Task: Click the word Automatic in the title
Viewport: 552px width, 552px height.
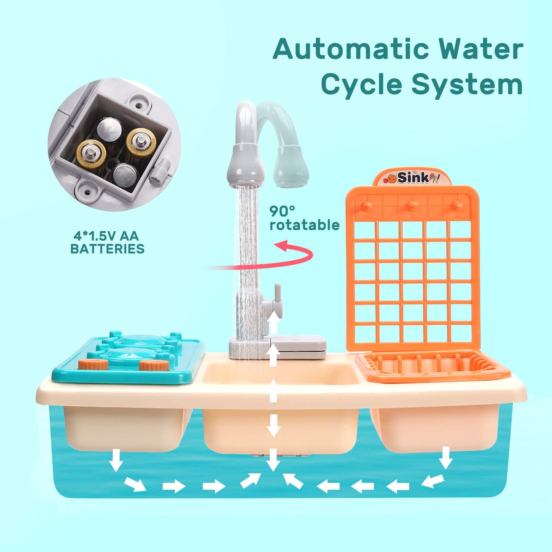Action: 351,49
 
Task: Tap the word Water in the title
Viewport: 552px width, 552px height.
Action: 481,49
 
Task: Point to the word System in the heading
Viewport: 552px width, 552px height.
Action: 467,85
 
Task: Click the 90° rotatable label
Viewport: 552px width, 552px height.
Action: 304,218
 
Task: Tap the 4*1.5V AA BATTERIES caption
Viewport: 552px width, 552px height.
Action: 107,242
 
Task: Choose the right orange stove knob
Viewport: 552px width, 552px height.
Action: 154,365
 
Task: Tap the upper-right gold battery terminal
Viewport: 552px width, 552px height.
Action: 141,140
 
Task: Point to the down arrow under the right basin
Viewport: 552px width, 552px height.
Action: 445,457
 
